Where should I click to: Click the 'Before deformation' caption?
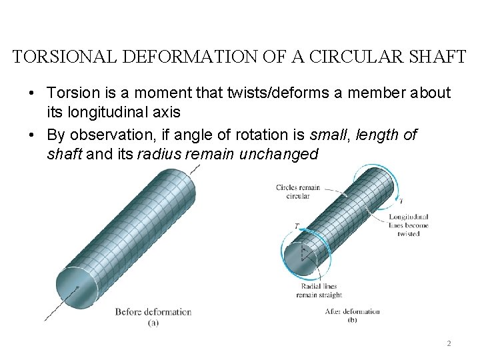[x=153, y=311]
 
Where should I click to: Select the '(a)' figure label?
[x=153, y=323]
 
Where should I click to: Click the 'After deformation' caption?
[x=353, y=311]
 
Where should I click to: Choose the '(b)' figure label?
[x=352, y=320]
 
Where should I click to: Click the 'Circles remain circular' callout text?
[x=297, y=192]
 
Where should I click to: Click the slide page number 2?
[x=449, y=344]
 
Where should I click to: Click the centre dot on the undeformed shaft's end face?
[x=78, y=287]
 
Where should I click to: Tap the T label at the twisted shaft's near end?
[x=296, y=227]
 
